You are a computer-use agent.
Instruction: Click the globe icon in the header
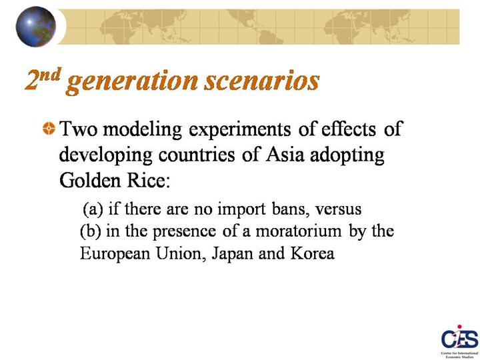pos(36,27)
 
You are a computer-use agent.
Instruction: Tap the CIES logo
pos(459,341)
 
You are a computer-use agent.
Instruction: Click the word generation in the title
pos(132,81)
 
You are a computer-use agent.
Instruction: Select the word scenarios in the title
pos(262,81)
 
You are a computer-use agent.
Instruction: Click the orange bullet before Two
pos(49,128)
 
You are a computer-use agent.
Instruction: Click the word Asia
pos(285,155)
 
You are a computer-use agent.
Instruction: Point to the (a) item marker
pos(92,209)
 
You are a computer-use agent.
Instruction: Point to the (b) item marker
pos(90,231)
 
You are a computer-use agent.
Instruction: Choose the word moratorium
pos(299,231)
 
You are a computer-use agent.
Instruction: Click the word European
pos(115,254)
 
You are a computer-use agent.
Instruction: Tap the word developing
pos(105,155)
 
